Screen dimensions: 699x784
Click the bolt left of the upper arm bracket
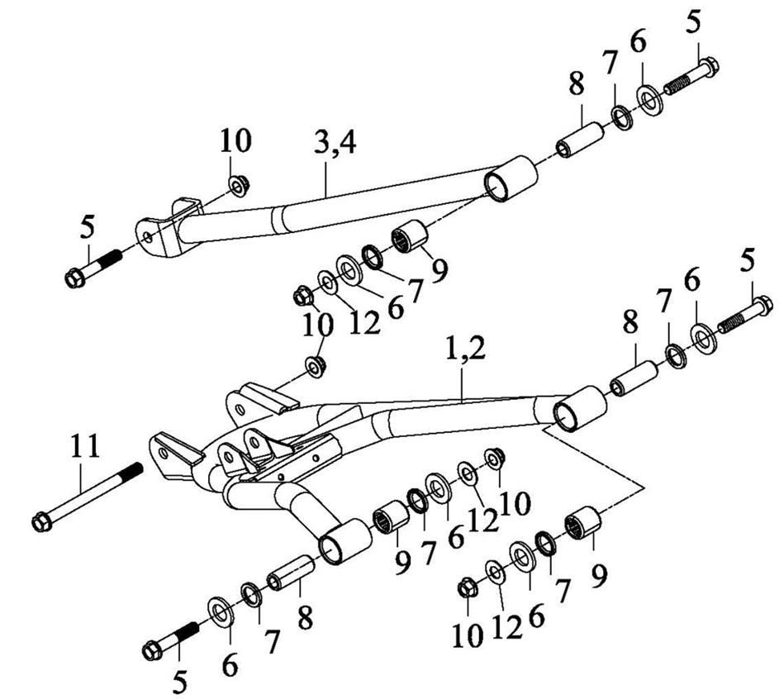[93, 267]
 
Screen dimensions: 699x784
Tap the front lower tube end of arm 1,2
[341, 543]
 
